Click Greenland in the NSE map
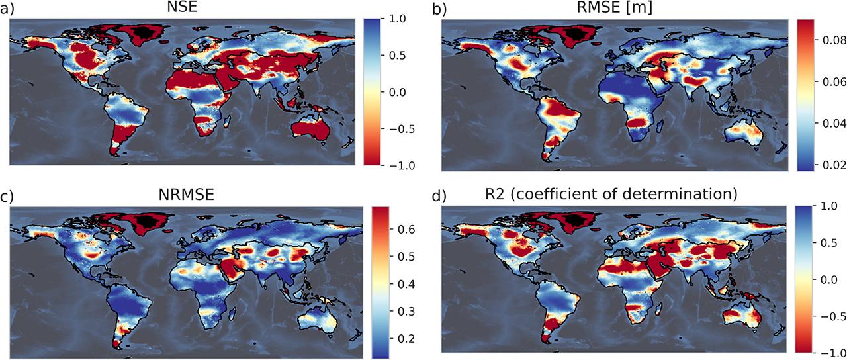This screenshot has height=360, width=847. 142,32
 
